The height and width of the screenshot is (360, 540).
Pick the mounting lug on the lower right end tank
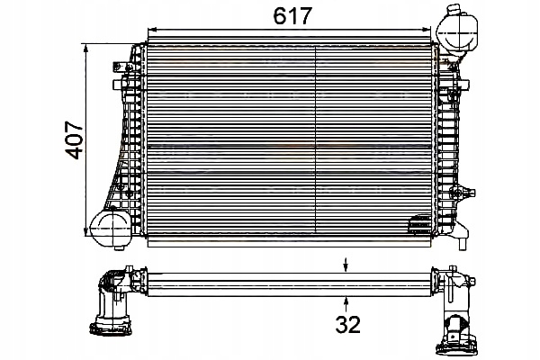click(463, 191)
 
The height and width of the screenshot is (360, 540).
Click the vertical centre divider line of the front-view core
click(315, 135)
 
